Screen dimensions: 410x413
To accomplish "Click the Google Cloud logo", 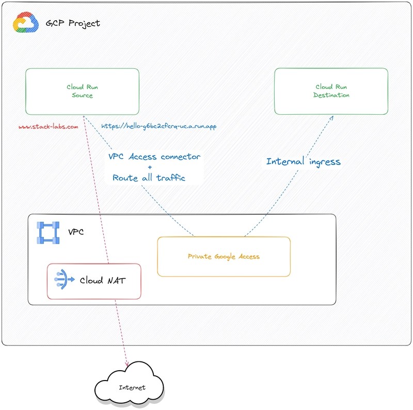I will pos(25,23).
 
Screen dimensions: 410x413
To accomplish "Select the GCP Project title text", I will pos(72,23).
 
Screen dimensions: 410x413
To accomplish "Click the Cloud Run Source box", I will pos(82,91).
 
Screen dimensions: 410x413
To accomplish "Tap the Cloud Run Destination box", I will pos(331,91).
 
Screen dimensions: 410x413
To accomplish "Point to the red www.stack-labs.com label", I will pos(48,126).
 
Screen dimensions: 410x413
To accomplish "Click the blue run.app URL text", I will pos(158,126).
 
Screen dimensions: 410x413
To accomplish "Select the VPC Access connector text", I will pos(154,157).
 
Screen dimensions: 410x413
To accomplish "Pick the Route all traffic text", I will pos(149,177).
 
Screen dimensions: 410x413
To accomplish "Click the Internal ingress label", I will pos(303,161).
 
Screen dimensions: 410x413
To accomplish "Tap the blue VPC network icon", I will pos(48,233).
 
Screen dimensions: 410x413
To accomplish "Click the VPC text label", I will pos(76,232).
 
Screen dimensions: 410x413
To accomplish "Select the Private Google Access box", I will pos(224,256).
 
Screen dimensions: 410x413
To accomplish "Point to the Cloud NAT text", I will pos(102,281).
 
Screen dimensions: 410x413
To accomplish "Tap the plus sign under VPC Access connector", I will pos(150,168).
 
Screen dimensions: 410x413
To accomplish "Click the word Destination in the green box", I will pos(331,95).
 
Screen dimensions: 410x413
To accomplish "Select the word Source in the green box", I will pos(82,95).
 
